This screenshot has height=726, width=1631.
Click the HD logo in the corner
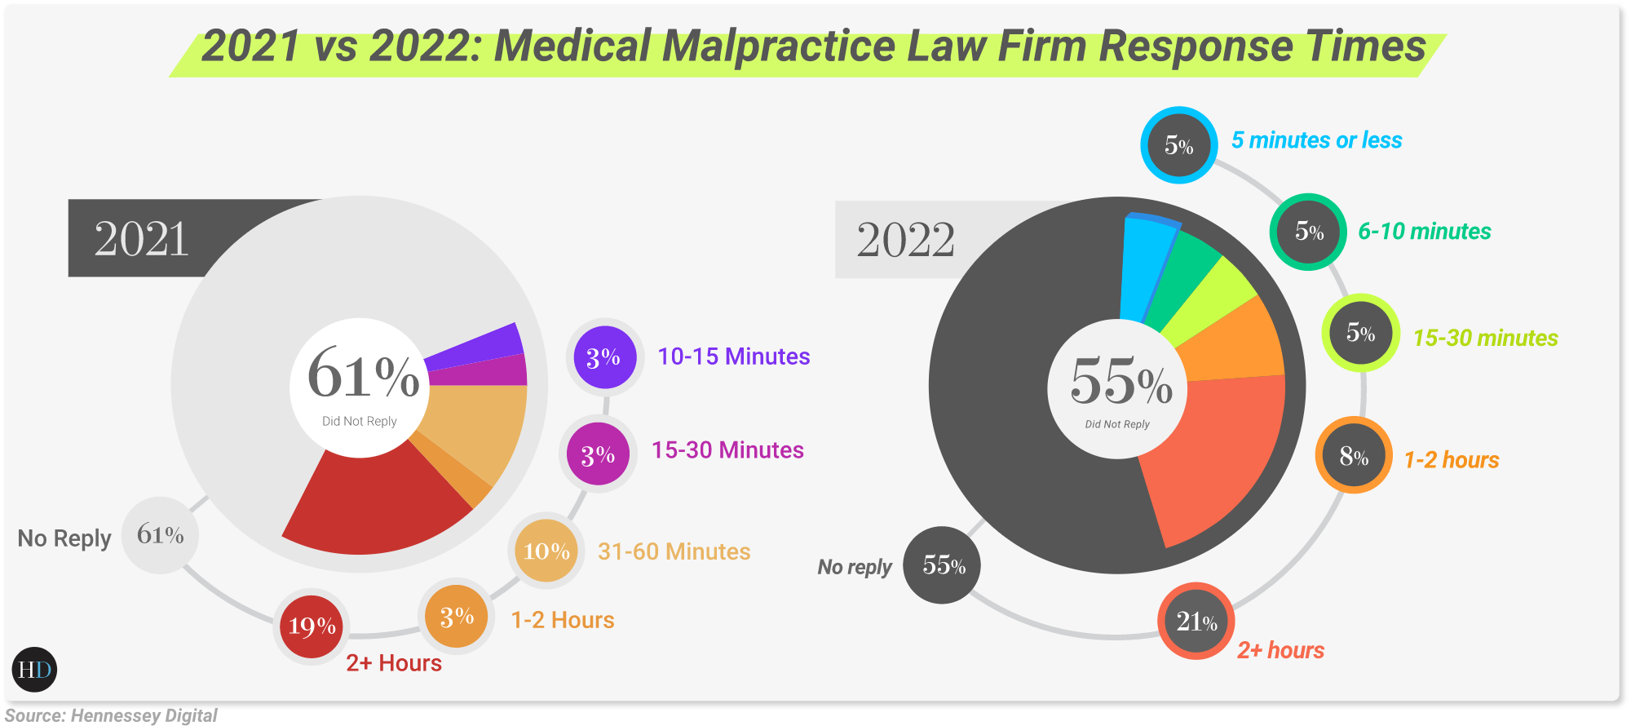pyautogui.click(x=35, y=670)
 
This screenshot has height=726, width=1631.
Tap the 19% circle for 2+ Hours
pyautogui.click(x=312, y=626)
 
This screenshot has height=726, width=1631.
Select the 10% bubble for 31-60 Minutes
pyautogui.click(x=546, y=551)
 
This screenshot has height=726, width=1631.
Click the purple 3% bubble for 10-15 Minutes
pyautogui.click(x=604, y=357)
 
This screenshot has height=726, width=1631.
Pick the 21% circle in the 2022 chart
pyautogui.click(x=1196, y=622)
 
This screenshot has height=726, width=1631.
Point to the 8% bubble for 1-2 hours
pyautogui.click(x=1354, y=456)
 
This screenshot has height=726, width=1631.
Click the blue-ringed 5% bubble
pyautogui.click(x=1179, y=145)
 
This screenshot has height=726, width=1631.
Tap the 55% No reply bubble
pyautogui.click(x=943, y=565)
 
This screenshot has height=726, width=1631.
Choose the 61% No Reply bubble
pyautogui.click(x=161, y=535)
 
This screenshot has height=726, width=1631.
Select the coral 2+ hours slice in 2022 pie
pyautogui.click(x=1215, y=457)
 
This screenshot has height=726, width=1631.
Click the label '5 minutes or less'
pyautogui.click(x=1316, y=140)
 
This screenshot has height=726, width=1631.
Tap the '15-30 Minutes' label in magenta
pyautogui.click(x=727, y=450)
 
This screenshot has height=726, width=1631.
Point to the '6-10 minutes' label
pyautogui.click(x=1424, y=232)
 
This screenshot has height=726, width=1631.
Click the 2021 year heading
pyautogui.click(x=142, y=239)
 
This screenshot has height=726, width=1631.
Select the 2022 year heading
pyautogui.click(x=905, y=240)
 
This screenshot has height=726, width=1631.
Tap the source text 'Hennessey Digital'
pyautogui.click(x=144, y=715)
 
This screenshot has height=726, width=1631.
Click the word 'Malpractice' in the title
pyautogui.click(x=779, y=46)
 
